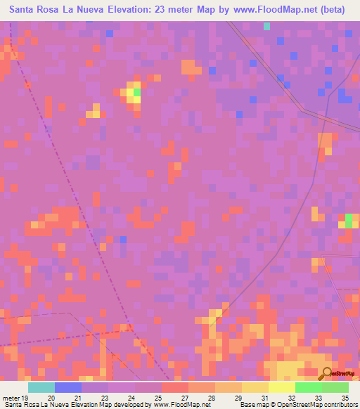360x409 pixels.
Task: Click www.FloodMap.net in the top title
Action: click(x=277, y=11)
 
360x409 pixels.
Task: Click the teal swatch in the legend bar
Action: click(x=41, y=387)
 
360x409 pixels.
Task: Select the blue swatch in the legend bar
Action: click(x=68, y=387)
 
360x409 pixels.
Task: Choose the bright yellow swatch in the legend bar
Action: click(x=282, y=387)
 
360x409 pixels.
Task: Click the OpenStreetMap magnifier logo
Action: click(x=326, y=374)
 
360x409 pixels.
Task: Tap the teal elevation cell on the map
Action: click(x=266, y=26)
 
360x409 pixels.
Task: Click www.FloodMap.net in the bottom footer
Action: click(x=181, y=405)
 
